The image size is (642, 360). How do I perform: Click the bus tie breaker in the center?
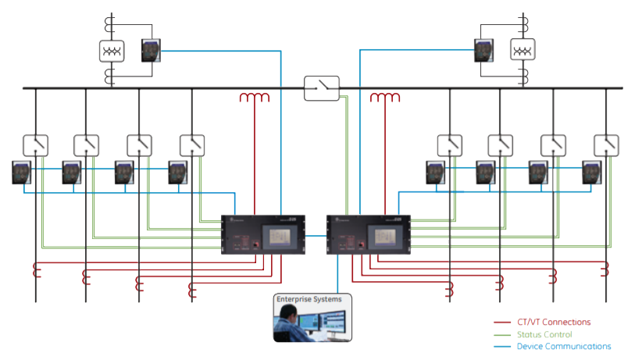[322, 88]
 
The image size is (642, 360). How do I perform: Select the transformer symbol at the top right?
[523, 51]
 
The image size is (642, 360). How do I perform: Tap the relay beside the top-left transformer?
[151, 51]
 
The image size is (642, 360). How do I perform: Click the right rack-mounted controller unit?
[368, 234]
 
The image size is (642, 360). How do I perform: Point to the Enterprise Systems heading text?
[309, 299]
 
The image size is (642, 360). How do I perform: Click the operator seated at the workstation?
[289, 324]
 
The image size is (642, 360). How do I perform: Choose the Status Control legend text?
[545, 334]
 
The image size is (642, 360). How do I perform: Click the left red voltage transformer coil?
[254, 98]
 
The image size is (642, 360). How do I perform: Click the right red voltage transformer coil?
[385, 98]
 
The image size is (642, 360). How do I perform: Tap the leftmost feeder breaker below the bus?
[35, 144]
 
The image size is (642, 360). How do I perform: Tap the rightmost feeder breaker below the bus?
[606, 144]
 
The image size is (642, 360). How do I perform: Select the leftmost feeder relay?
[21, 172]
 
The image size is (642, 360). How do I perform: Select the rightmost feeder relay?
[592, 172]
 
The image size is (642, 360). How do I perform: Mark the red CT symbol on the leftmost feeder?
[35, 272]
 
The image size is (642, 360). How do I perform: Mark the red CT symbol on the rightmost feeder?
[605, 272]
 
